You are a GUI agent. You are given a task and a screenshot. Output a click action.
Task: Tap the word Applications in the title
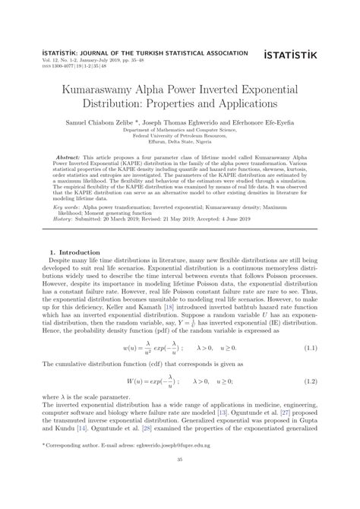pos(238,100)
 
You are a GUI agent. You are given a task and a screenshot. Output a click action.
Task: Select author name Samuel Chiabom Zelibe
pos(106,121)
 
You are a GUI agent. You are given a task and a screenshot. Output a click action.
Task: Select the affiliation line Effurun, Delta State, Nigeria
pos(180,141)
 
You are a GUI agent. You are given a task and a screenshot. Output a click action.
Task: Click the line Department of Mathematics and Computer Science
pos(180,129)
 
